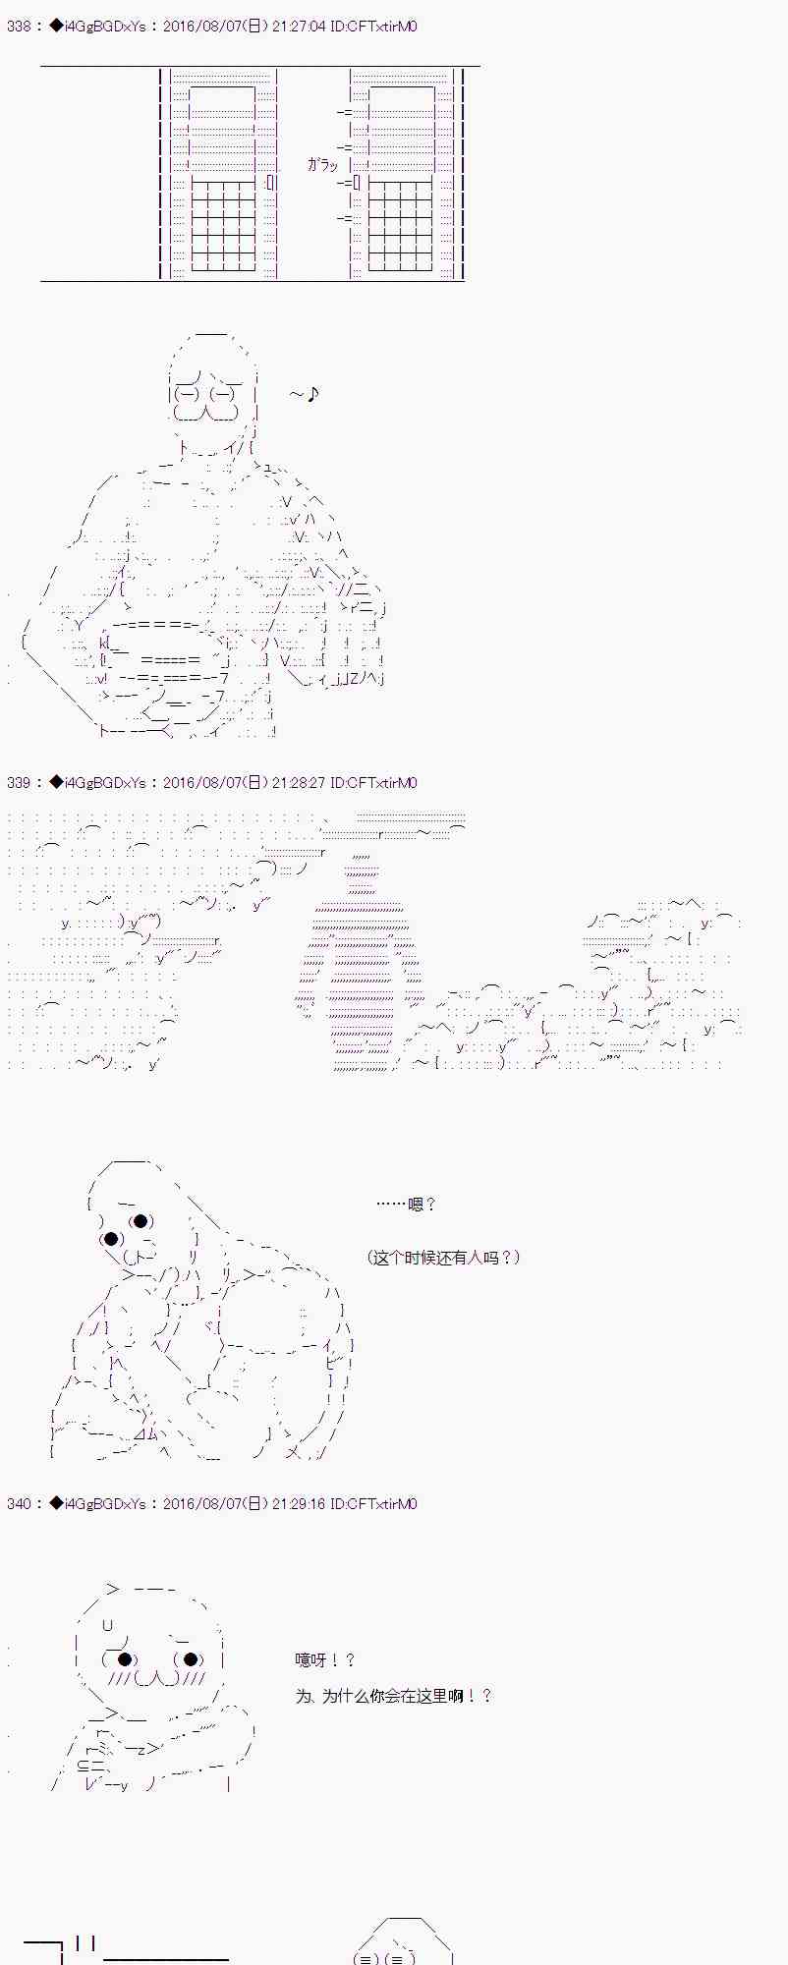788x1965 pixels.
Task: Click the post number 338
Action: point(18,27)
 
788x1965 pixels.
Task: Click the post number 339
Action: point(18,783)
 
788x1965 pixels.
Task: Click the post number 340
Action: point(18,1504)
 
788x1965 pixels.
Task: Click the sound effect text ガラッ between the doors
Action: point(322,165)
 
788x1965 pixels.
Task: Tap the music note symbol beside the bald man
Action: point(311,395)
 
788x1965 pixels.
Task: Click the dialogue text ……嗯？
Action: point(407,1204)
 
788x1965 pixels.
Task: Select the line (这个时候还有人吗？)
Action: point(443,1257)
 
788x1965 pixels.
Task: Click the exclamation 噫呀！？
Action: point(325,1659)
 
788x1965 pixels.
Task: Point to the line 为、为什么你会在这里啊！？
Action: point(393,1696)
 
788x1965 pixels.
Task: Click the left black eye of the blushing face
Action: point(125,1659)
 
